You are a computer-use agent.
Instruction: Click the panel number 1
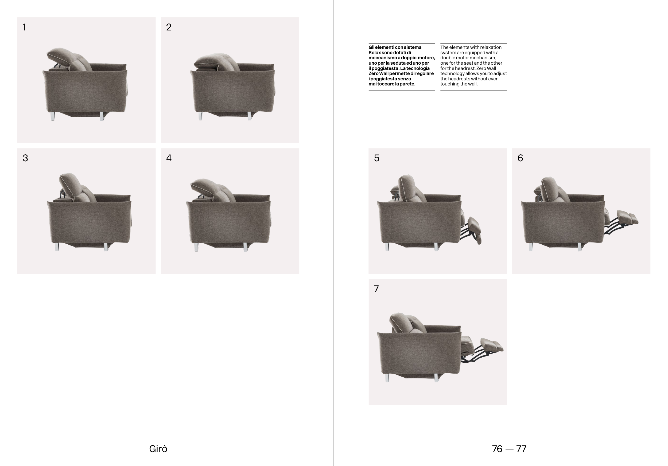(x=24, y=27)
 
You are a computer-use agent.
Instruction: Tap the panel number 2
(x=169, y=27)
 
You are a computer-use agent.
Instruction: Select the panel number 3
(x=25, y=158)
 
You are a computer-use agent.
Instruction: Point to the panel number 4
(x=169, y=158)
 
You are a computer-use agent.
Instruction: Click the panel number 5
(x=377, y=158)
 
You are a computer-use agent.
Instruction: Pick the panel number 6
(x=520, y=158)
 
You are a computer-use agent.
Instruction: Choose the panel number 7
(x=376, y=289)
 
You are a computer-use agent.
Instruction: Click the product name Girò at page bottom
(x=158, y=449)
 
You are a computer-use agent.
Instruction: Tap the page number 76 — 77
(x=509, y=449)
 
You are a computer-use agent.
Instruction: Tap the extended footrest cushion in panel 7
(x=492, y=345)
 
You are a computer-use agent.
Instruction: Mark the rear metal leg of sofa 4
(x=196, y=247)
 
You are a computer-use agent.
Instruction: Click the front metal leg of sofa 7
(x=436, y=378)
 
